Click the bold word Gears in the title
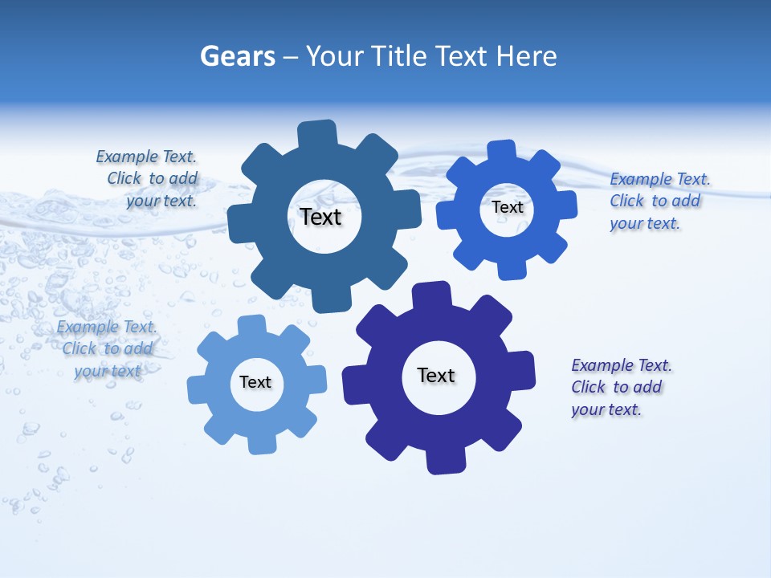237,56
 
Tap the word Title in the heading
403,56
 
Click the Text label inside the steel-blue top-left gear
320,217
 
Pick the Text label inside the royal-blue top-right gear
508,207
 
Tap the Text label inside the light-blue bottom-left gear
255,382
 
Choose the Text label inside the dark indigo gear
436,375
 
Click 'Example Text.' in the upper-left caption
146,157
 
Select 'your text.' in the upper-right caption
644,223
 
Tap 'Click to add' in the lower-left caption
108,348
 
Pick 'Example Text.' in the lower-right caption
622,365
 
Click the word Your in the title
336,56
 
